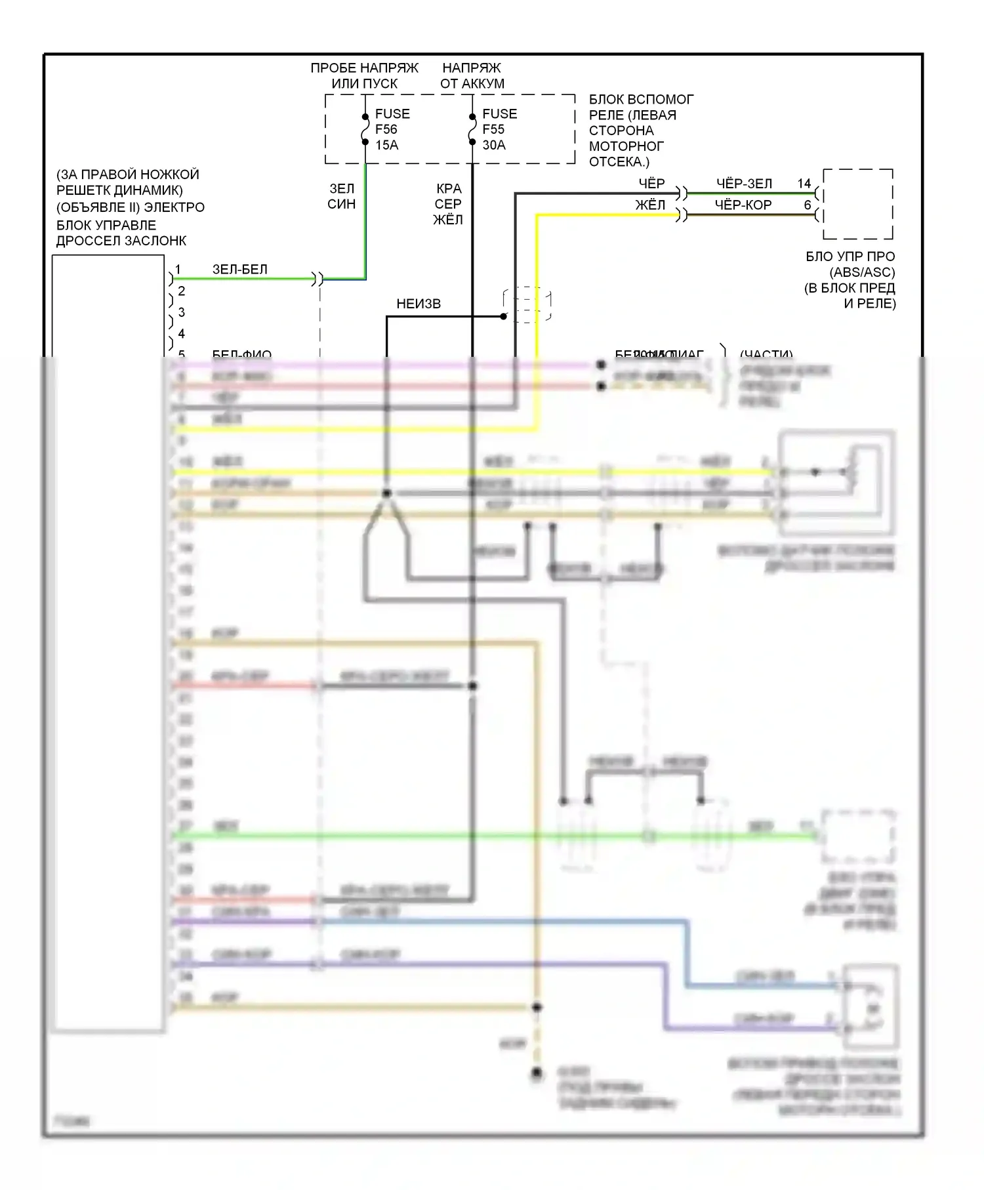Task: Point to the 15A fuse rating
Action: (x=387, y=145)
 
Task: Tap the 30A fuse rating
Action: (x=494, y=145)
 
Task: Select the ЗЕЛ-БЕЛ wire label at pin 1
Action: (x=239, y=269)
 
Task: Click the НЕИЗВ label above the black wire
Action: (x=419, y=304)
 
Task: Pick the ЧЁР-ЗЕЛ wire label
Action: (x=744, y=184)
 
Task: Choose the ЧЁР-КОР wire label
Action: (x=743, y=205)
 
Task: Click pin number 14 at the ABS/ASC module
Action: (x=804, y=184)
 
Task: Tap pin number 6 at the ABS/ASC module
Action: (x=808, y=205)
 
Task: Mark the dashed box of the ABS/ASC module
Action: (x=858, y=204)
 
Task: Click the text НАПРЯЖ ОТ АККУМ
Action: (x=472, y=75)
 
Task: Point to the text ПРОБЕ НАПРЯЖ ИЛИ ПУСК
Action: (x=364, y=75)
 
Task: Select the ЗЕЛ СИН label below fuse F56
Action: (x=341, y=196)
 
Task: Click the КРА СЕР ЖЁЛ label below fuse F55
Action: (x=448, y=204)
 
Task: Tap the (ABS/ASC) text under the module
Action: (x=862, y=272)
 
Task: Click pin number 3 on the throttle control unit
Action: (x=182, y=312)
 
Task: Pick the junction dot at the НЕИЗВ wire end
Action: (x=504, y=316)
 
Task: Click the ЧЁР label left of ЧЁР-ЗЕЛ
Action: (x=651, y=184)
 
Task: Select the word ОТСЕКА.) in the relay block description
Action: (x=619, y=162)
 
